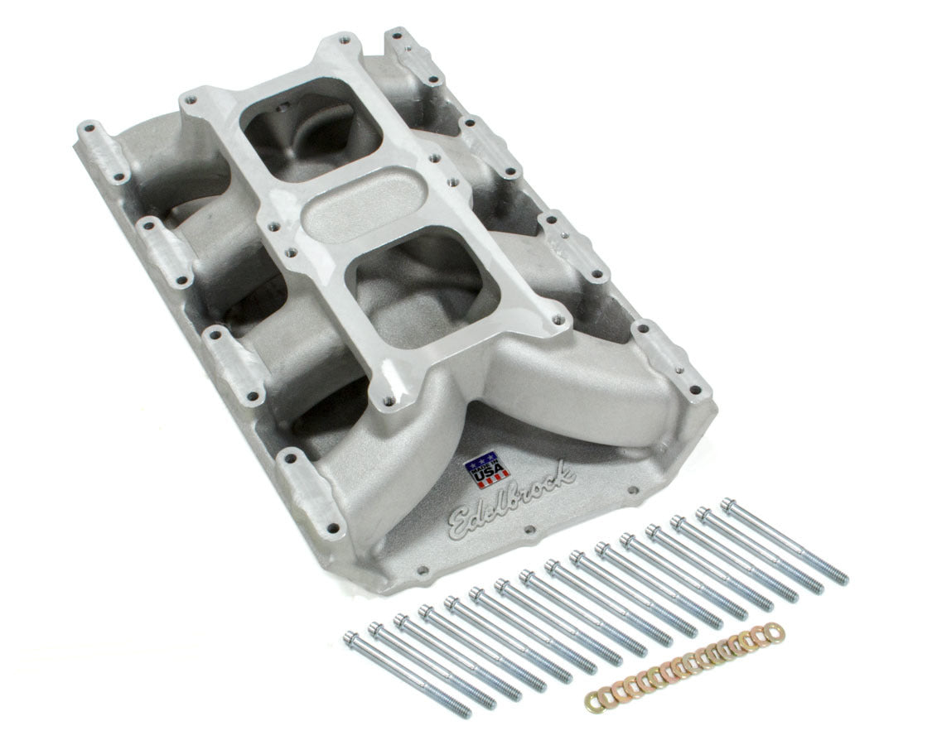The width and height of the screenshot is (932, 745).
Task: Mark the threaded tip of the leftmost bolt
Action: coord(465,712)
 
